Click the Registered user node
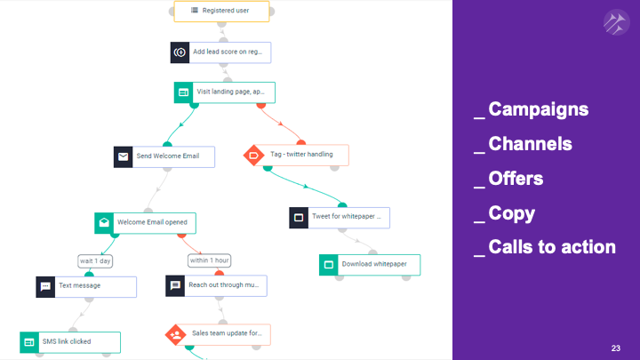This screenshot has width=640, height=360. tap(221, 12)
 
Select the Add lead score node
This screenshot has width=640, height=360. tap(220, 52)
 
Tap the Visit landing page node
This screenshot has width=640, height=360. tap(225, 92)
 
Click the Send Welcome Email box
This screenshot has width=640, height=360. tap(164, 157)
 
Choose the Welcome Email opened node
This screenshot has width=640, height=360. tap(146, 223)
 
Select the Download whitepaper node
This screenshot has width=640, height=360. tap(370, 265)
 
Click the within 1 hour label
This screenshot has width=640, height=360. tap(210, 260)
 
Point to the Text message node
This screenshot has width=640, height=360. tap(87, 286)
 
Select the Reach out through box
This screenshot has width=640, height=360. tap(217, 286)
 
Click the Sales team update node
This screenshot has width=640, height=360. tap(218, 334)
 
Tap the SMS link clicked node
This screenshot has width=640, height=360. tap(69, 342)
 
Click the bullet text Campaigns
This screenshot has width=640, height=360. tap(538, 110)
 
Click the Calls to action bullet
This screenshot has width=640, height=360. tap(551, 247)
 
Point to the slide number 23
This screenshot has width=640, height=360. tap(616, 348)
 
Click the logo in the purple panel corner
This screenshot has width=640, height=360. tap(615, 21)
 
